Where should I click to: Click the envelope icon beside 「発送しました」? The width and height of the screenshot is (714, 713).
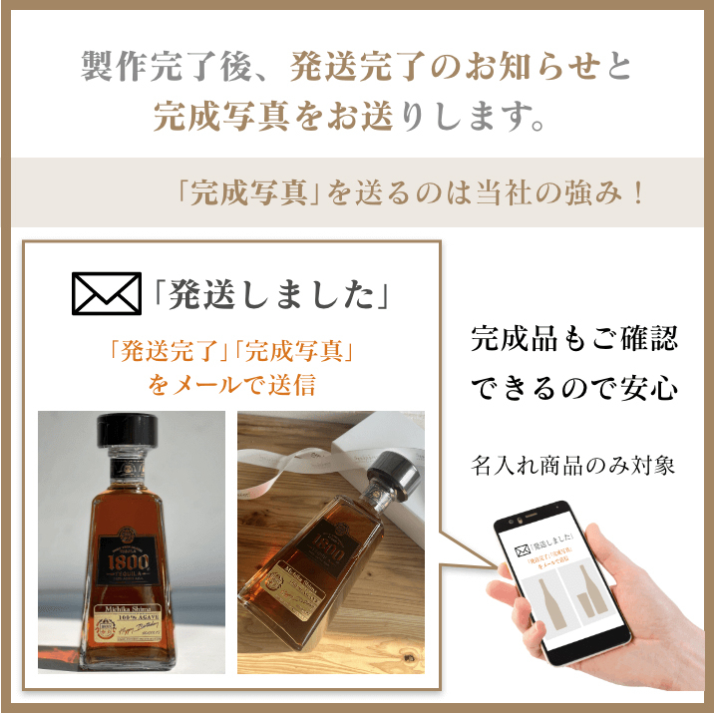tap(107, 292)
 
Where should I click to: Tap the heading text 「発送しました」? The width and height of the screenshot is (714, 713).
tap(270, 293)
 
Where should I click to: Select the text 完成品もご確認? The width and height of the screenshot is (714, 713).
tap(573, 339)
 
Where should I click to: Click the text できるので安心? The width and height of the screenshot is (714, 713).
tap(573, 387)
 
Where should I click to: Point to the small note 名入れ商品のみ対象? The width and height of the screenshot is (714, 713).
tap(573, 465)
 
